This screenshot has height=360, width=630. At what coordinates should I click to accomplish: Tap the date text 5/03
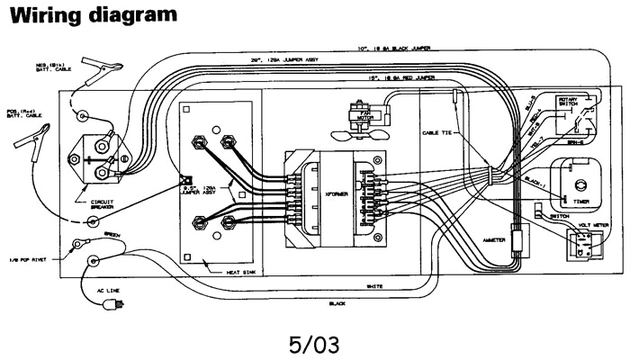click(314, 345)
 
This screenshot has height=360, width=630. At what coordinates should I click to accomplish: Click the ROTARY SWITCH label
click(569, 103)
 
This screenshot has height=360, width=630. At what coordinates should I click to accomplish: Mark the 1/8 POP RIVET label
click(29, 259)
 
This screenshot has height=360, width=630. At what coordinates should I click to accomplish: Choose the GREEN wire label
click(113, 235)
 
